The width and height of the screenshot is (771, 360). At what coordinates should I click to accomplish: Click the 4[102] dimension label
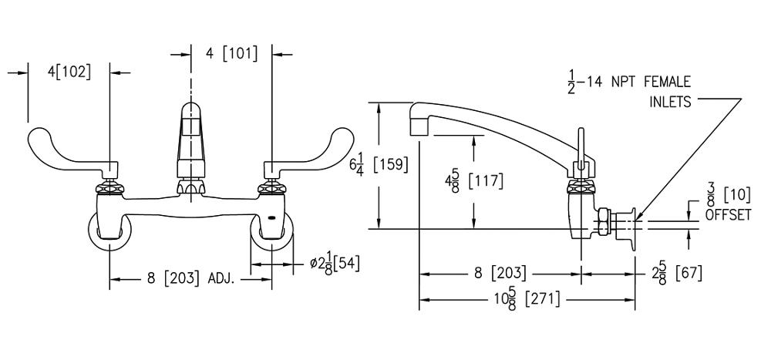point(67,72)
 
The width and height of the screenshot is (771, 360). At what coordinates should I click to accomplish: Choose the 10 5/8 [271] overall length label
point(527,299)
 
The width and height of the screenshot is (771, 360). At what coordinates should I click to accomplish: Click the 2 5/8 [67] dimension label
point(677,273)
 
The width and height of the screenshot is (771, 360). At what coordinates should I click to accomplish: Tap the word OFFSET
point(728,217)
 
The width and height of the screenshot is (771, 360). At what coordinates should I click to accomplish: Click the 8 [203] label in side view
point(500,273)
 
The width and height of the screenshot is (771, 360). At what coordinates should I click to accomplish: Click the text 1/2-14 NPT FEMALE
point(629,81)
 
